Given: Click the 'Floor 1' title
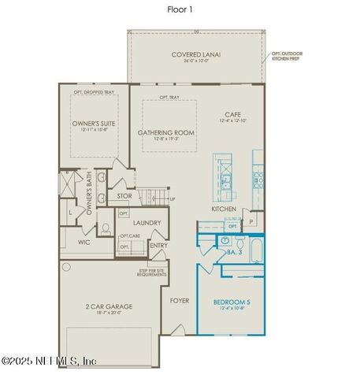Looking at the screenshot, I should click(x=180, y=9).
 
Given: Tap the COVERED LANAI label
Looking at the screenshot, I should click(x=196, y=54).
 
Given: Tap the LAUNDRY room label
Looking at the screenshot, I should click(x=147, y=222).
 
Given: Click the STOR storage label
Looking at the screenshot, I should click(x=124, y=195).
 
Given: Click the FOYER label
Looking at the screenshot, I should click(x=179, y=300).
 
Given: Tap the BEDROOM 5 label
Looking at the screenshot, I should click(x=232, y=301).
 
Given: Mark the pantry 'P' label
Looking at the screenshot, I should click(x=251, y=222).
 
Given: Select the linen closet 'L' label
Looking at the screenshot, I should click(x=72, y=213).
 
